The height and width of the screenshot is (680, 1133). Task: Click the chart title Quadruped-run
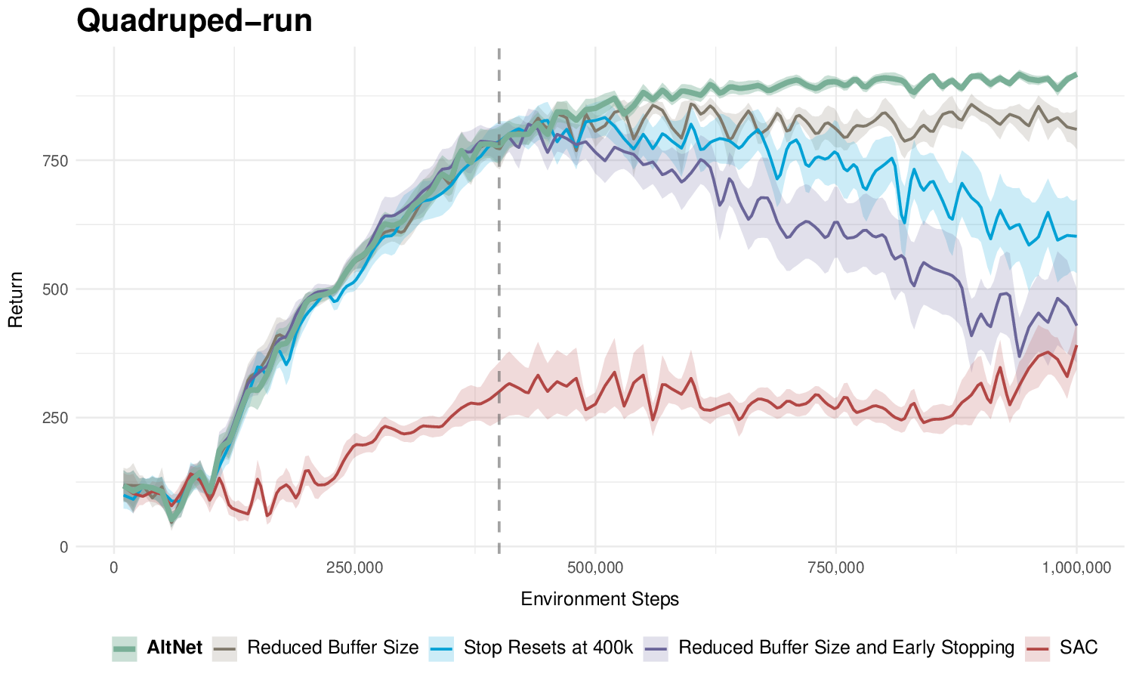click(x=194, y=21)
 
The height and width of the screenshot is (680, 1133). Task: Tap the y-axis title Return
click(x=16, y=299)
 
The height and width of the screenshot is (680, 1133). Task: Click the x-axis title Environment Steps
click(x=600, y=599)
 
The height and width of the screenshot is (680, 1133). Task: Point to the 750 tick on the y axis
click(x=58, y=161)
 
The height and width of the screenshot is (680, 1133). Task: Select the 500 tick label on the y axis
click(x=58, y=289)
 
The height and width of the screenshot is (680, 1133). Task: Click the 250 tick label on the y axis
click(x=58, y=418)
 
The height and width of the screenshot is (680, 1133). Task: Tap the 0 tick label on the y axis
click(x=63, y=547)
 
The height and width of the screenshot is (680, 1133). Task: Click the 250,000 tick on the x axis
click(x=354, y=567)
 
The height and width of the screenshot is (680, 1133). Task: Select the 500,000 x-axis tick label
click(x=595, y=567)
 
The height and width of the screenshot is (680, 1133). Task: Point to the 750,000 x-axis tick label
click(x=835, y=567)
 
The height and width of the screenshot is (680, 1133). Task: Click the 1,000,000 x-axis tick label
click(x=1076, y=567)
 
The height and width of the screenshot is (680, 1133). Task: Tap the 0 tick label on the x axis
click(x=114, y=567)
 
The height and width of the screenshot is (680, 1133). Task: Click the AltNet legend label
click(x=174, y=648)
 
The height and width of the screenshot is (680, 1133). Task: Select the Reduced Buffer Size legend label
click(x=332, y=648)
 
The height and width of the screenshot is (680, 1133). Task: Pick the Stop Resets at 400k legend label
click(x=548, y=648)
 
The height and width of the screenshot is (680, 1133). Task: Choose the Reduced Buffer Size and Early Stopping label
click(x=846, y=648)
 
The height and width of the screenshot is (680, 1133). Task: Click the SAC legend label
click(x=1079, y=648)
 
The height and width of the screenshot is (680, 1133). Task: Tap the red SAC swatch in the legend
click(x=1038, y=648)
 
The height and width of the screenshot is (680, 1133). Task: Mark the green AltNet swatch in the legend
click(x=125, y=648)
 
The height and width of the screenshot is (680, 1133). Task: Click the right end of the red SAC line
click(x=1076, y=346)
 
